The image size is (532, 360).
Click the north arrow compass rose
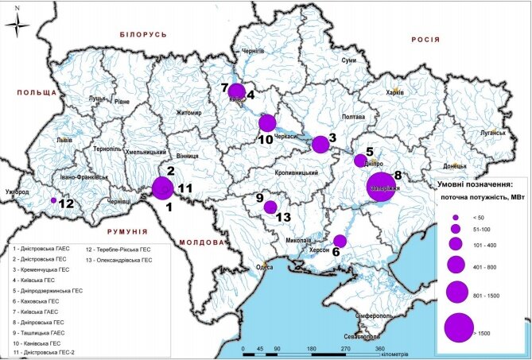tap(20, 24)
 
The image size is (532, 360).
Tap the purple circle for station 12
tap(53, 201)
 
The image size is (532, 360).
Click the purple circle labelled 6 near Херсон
tap(340, 241)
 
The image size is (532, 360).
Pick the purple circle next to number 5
tap(359, 160)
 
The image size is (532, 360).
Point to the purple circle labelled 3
tap(320, 144)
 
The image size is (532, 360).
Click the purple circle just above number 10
tap(267, 122)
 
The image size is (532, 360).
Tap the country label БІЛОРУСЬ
tap(143, 37)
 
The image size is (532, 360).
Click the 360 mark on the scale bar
tap(381, 348)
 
